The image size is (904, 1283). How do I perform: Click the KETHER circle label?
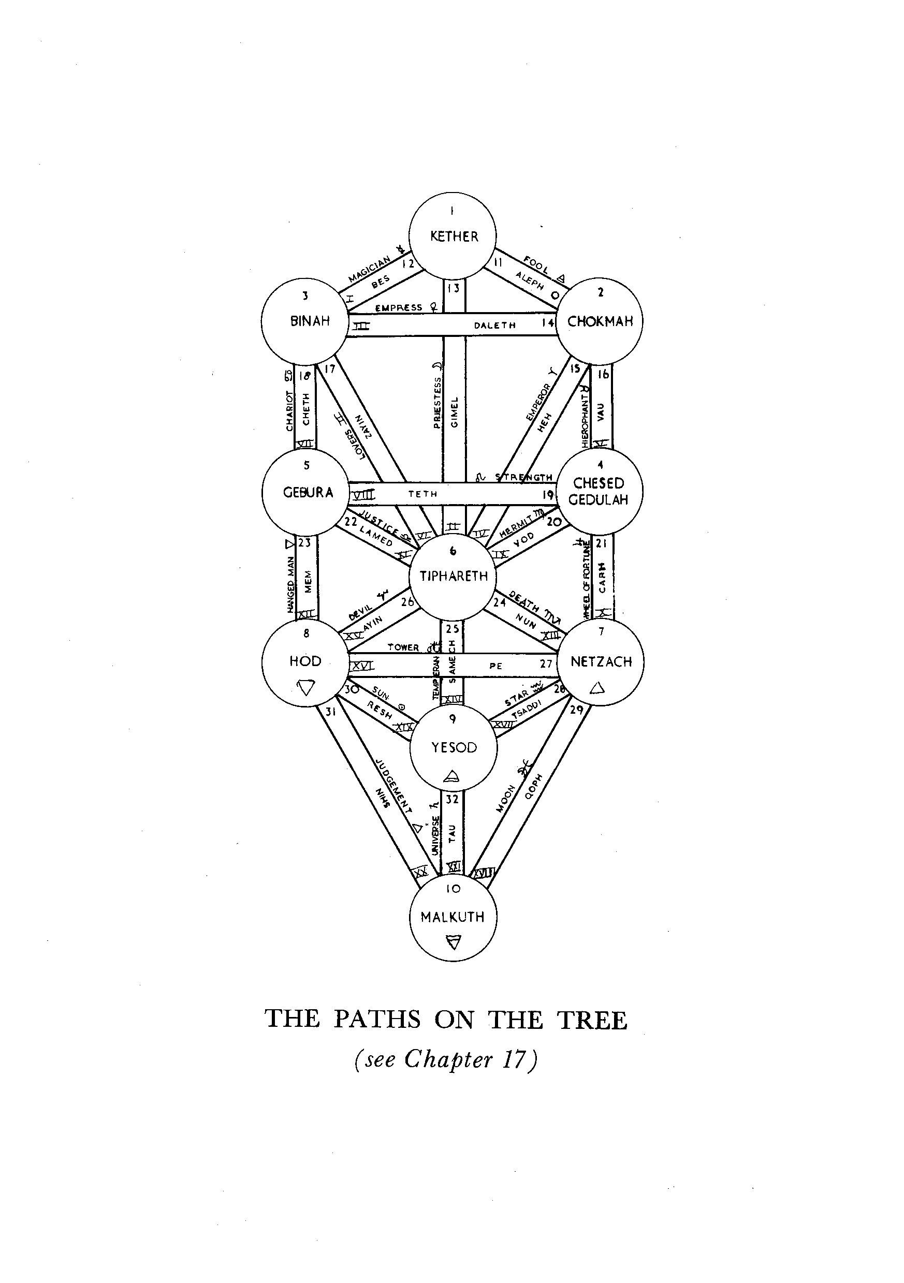[x=454, y=237]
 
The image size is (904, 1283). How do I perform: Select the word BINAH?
[x=310, y=321]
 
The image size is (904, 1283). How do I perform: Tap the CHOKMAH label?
[x=600, y=321]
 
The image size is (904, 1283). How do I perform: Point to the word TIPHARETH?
[x=454, y=576]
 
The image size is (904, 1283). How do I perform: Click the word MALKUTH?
[x=453, y=917]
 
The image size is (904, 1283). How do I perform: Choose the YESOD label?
[x=454, y=748]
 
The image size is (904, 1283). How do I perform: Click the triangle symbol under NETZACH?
[x=597, y=688]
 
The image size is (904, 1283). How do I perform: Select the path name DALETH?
[x=494, y=325]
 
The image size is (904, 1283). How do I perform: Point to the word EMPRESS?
[x=399, y=307]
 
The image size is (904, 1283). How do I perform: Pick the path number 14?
[x=547, y=323]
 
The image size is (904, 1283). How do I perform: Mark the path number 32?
[x=453, y=799]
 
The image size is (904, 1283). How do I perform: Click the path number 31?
[x=330, y=712]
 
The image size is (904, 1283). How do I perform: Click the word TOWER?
[x=403, y=647]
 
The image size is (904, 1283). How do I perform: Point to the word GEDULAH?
[x=598, y=499]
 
